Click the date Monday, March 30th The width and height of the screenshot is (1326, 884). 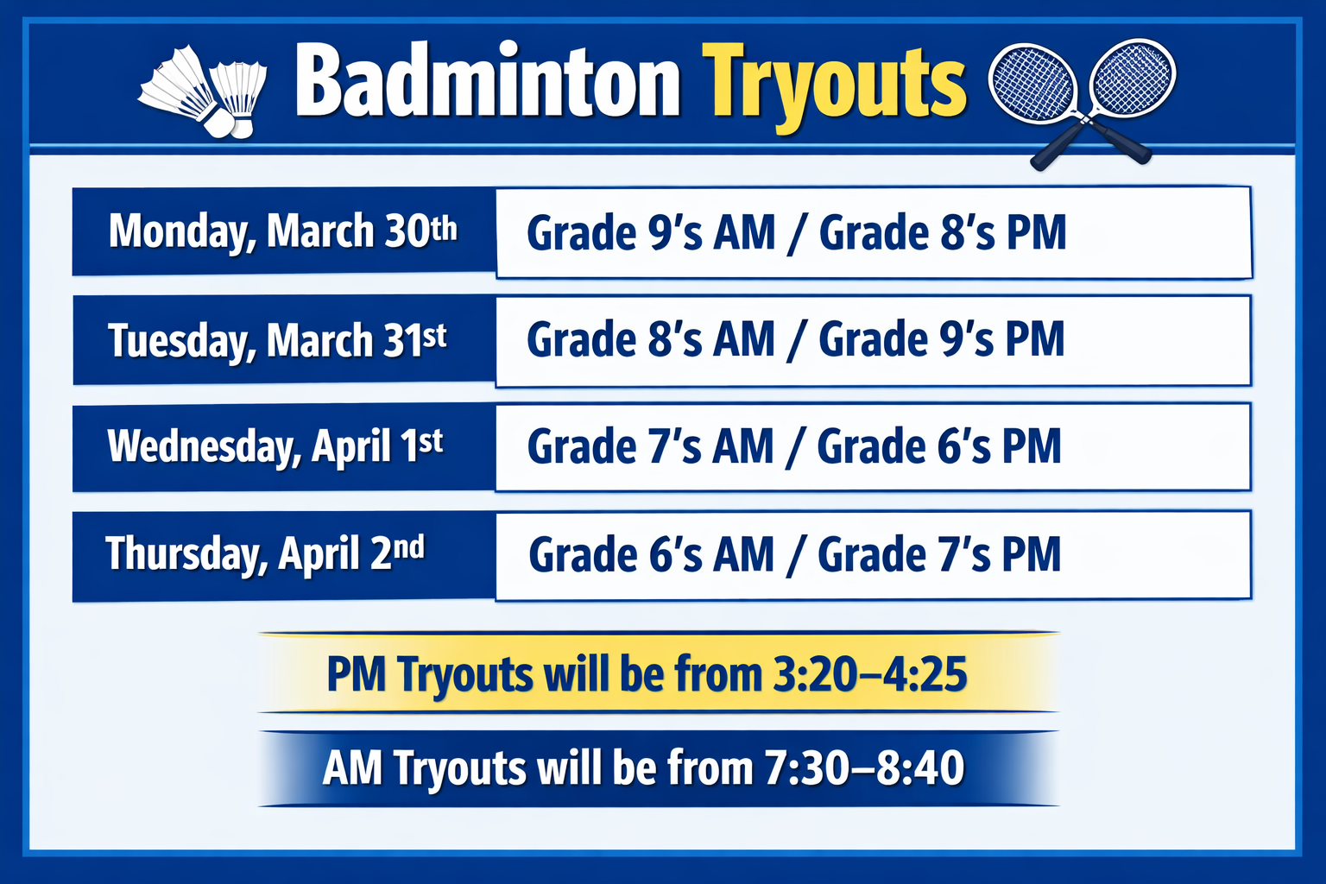[x=282, y=231]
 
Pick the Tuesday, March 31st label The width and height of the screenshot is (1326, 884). [x=277, y=340]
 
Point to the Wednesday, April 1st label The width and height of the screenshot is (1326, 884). [x=275, y=446]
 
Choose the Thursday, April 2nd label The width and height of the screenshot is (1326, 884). [x=265, y=553]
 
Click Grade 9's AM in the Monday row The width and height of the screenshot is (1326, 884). [x=651, y=233]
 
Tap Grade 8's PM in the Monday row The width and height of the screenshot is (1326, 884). [x=942, y=233]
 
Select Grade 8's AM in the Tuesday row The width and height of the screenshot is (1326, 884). [x=651, y=339]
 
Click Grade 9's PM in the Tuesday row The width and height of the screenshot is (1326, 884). [x=941, y=339]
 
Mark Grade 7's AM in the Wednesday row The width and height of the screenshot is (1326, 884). [x=650, y=447]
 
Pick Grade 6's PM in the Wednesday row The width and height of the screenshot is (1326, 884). [x=939, y=447]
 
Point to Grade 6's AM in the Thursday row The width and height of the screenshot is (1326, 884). [x=651, y=554]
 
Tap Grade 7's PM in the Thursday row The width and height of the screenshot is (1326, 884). [x=939, y=554]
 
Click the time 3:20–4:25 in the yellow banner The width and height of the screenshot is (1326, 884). [x=869, y=674]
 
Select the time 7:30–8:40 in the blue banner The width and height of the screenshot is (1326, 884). [x=864, y=768]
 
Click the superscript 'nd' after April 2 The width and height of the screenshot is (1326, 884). [x=409, y=546]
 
